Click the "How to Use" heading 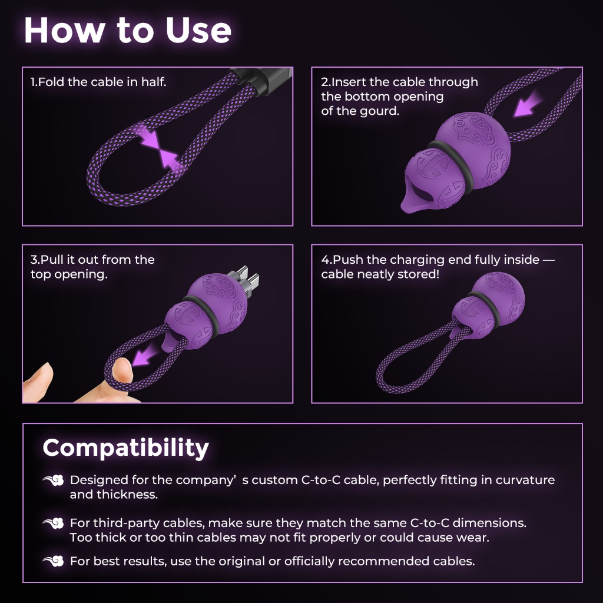(x=128, y=30)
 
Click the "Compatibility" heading (x=126, y=448)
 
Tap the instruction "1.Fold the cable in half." (x=98, y=82)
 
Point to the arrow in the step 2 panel (x=528, y=105)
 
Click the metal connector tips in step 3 (x=246, y=279)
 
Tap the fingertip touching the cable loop (x=122, y=370)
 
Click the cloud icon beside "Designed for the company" (x=53, y=481)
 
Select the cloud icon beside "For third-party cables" (x=53, y=523)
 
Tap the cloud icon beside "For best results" (x=53, y=561)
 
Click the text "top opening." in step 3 (x=69, y=274)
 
